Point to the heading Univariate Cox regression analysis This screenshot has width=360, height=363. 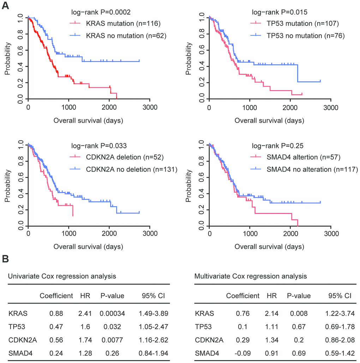point(62,276)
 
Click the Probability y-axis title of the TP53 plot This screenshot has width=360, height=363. point(188,59)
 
